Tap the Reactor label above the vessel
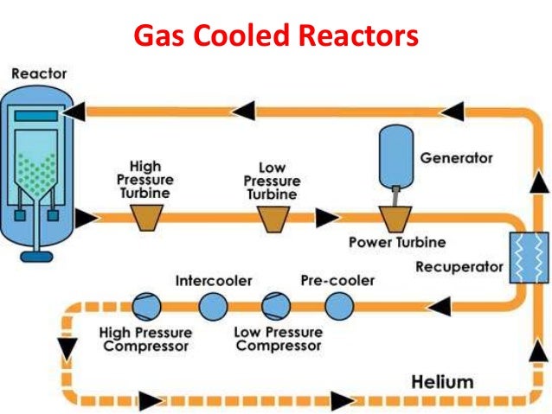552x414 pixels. pyautogui.click(x=38, y=74)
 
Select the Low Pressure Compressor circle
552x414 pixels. pyautogui.click(x=275, y=305)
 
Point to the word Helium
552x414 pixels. pyautogui.click(x=442, y=380)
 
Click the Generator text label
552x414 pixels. pyautogui.click(x=456, y=158)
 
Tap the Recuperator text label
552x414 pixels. pyautogui.click(x=459, y=267)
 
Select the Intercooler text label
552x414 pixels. pyautogui.click(x=214, y=281)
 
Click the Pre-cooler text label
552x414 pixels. pyautogui.click(x=337, y=281)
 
